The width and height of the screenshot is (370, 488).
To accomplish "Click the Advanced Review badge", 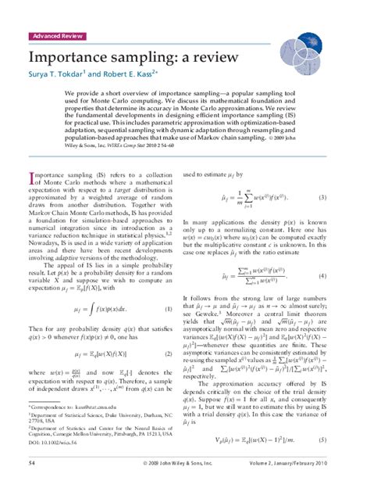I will [57, 36].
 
